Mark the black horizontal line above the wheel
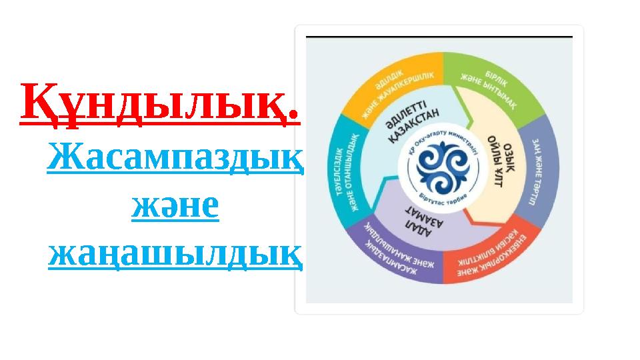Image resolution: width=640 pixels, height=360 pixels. [439, 36]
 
